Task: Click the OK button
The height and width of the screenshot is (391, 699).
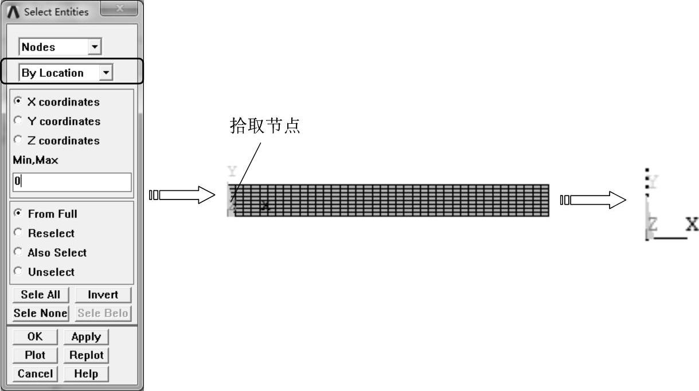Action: [35, 337]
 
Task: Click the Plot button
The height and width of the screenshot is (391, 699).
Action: [35, 355]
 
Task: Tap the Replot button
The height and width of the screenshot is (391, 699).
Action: [86, 355]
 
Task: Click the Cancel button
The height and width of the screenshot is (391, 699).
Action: [35, 374]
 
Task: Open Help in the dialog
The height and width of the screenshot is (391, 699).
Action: [86, 374]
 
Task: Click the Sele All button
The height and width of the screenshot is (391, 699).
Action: [40, 295]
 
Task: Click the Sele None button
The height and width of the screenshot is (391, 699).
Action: [40, 313]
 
